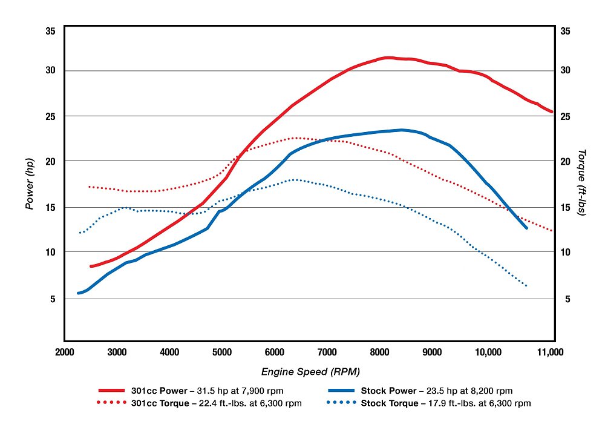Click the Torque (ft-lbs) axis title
[x=581, y=184]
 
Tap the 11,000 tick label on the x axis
[x=552, y=352]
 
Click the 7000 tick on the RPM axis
[x=327, y=352]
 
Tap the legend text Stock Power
[x=387, y=391]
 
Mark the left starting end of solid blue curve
[x=79, y=293]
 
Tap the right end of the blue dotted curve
[x=526, y=285]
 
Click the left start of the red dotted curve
[x=90, y=187]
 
